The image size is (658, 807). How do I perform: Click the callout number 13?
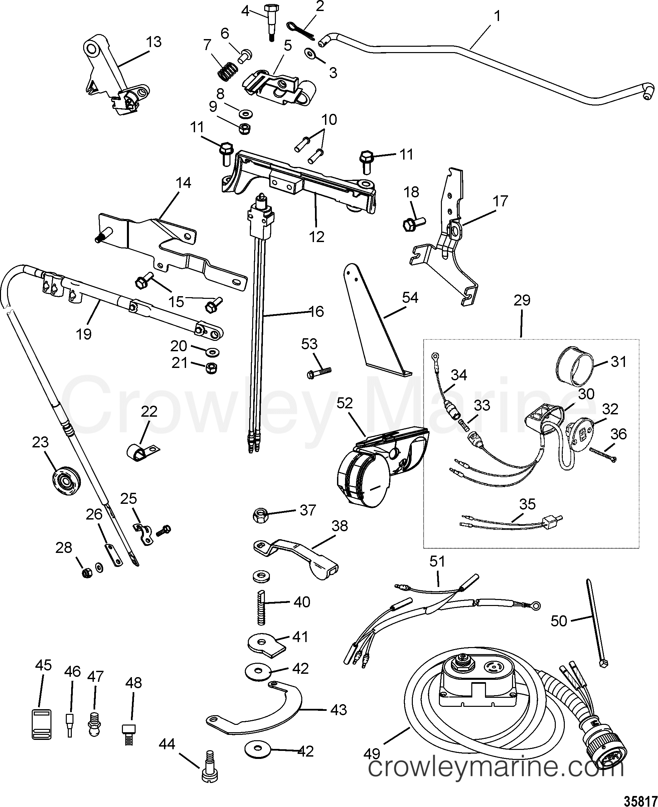(x=154, y=42)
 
